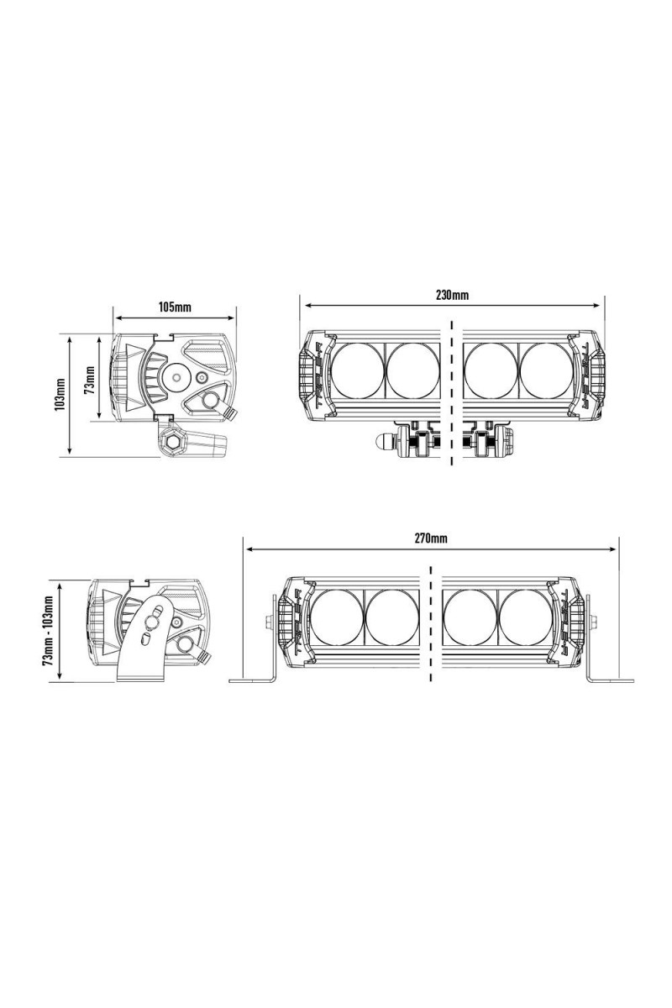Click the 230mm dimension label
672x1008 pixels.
tap(451, 295)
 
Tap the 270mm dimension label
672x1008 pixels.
tap(431, 538)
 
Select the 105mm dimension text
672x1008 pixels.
tap(175, 307)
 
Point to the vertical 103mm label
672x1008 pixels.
tap(61, 394)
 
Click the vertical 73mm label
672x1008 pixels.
tap(91, 380)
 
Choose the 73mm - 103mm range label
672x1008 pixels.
tap(48, 631)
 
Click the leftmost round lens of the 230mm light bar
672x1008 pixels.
tap(357, 370)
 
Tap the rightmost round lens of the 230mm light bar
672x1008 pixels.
tap(546, 370)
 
